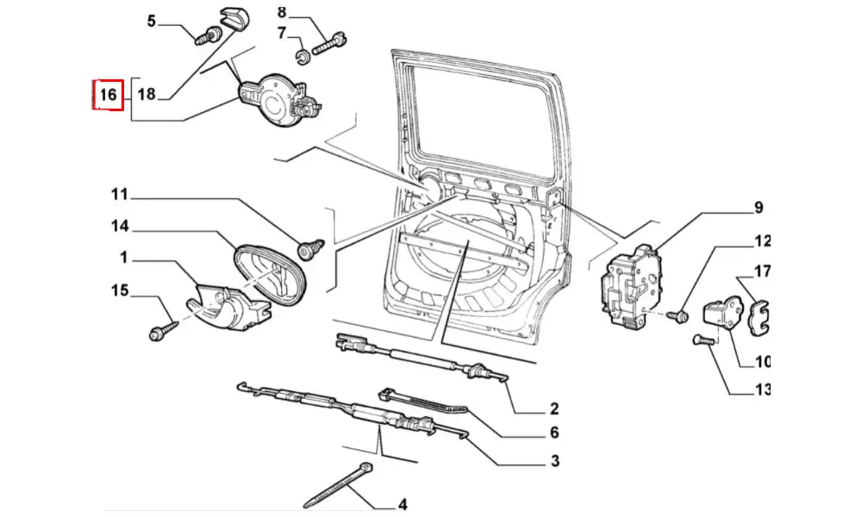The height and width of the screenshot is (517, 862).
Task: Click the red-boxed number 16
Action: click(108, 95)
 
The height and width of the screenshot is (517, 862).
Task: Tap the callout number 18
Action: click(147, 95)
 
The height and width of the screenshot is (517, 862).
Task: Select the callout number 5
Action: click(152, 20)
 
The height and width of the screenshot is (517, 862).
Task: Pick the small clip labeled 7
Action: click(303, 57)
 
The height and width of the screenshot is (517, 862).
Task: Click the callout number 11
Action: click(119, 194)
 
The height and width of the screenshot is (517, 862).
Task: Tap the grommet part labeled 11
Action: click(308, 249)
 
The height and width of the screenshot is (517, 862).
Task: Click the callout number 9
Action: click(759, 207)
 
